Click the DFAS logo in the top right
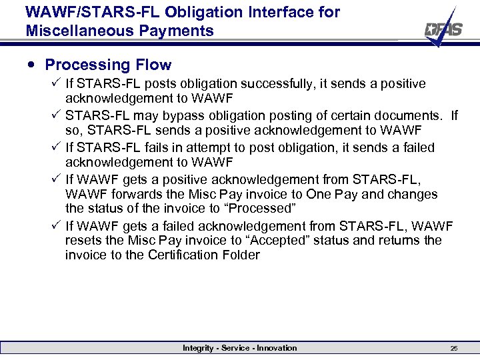pyautogui.click(x=444, y=28)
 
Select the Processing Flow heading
pyautogui.click(x=108, y=65)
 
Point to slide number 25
pyautogui.click(x=453, y=348)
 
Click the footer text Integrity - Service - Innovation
pyautogui.click(x=240, y=348)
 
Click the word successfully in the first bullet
pyautogui.click(x=278, y=83)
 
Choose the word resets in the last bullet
pyautogui.click(x=83, y=240)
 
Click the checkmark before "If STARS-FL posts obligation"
pyautogui.click(x=56, y=83)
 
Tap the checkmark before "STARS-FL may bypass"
pyautogui.click(x=56, y=115)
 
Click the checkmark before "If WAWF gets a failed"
pyautogui.click(x=56, y=226)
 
